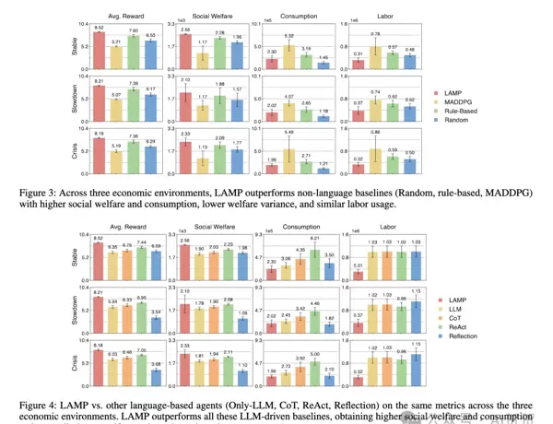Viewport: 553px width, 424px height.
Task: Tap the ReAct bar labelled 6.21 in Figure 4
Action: click(314, 259)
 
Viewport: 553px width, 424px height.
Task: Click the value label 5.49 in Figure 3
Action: click(288, 133)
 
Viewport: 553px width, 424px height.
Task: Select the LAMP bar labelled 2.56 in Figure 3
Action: click(185, 52)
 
